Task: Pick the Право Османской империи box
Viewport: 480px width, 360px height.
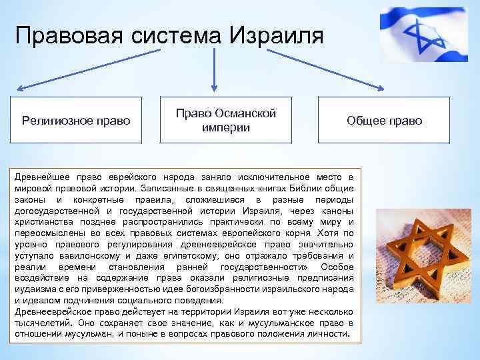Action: (x=226, y=120)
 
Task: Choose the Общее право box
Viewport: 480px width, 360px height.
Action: (x=384, y=121)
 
